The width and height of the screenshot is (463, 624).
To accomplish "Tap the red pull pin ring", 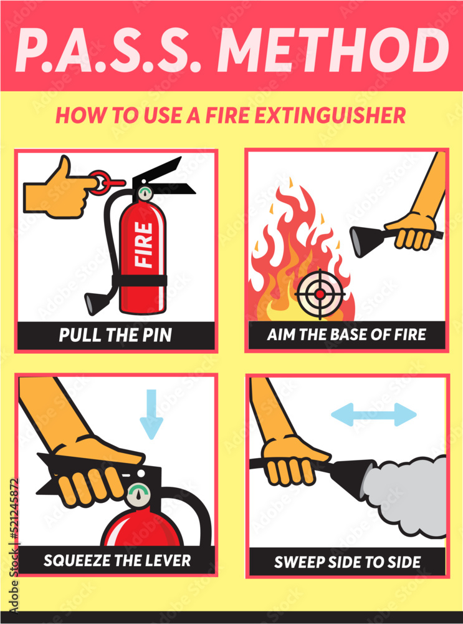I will coord(111,181).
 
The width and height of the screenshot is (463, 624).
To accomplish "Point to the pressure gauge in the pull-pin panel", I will coord(145,193).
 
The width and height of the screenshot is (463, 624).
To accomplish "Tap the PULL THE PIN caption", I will coord(115,335).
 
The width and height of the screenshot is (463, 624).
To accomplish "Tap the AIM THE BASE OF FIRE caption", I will coord(346,335).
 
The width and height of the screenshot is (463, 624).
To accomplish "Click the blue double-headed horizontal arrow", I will coord(373,414).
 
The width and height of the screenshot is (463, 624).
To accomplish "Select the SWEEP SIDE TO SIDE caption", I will coord(346,561).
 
